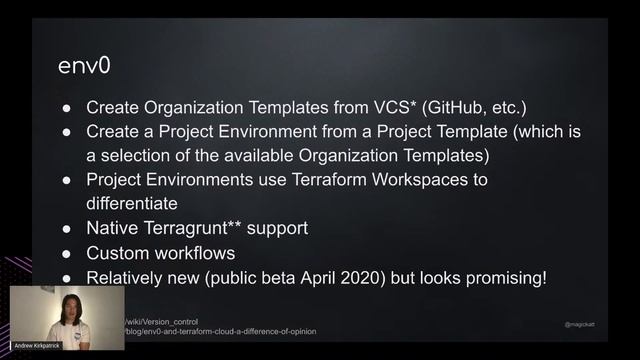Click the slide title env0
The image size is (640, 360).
82,65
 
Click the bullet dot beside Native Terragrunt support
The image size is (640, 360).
66,229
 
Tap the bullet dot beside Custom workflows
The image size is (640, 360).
66,254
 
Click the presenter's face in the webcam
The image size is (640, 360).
69,308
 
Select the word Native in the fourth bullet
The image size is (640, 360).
112,229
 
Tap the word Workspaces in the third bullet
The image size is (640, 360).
436,180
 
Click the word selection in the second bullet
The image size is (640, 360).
139,156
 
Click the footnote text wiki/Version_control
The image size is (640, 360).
163,322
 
